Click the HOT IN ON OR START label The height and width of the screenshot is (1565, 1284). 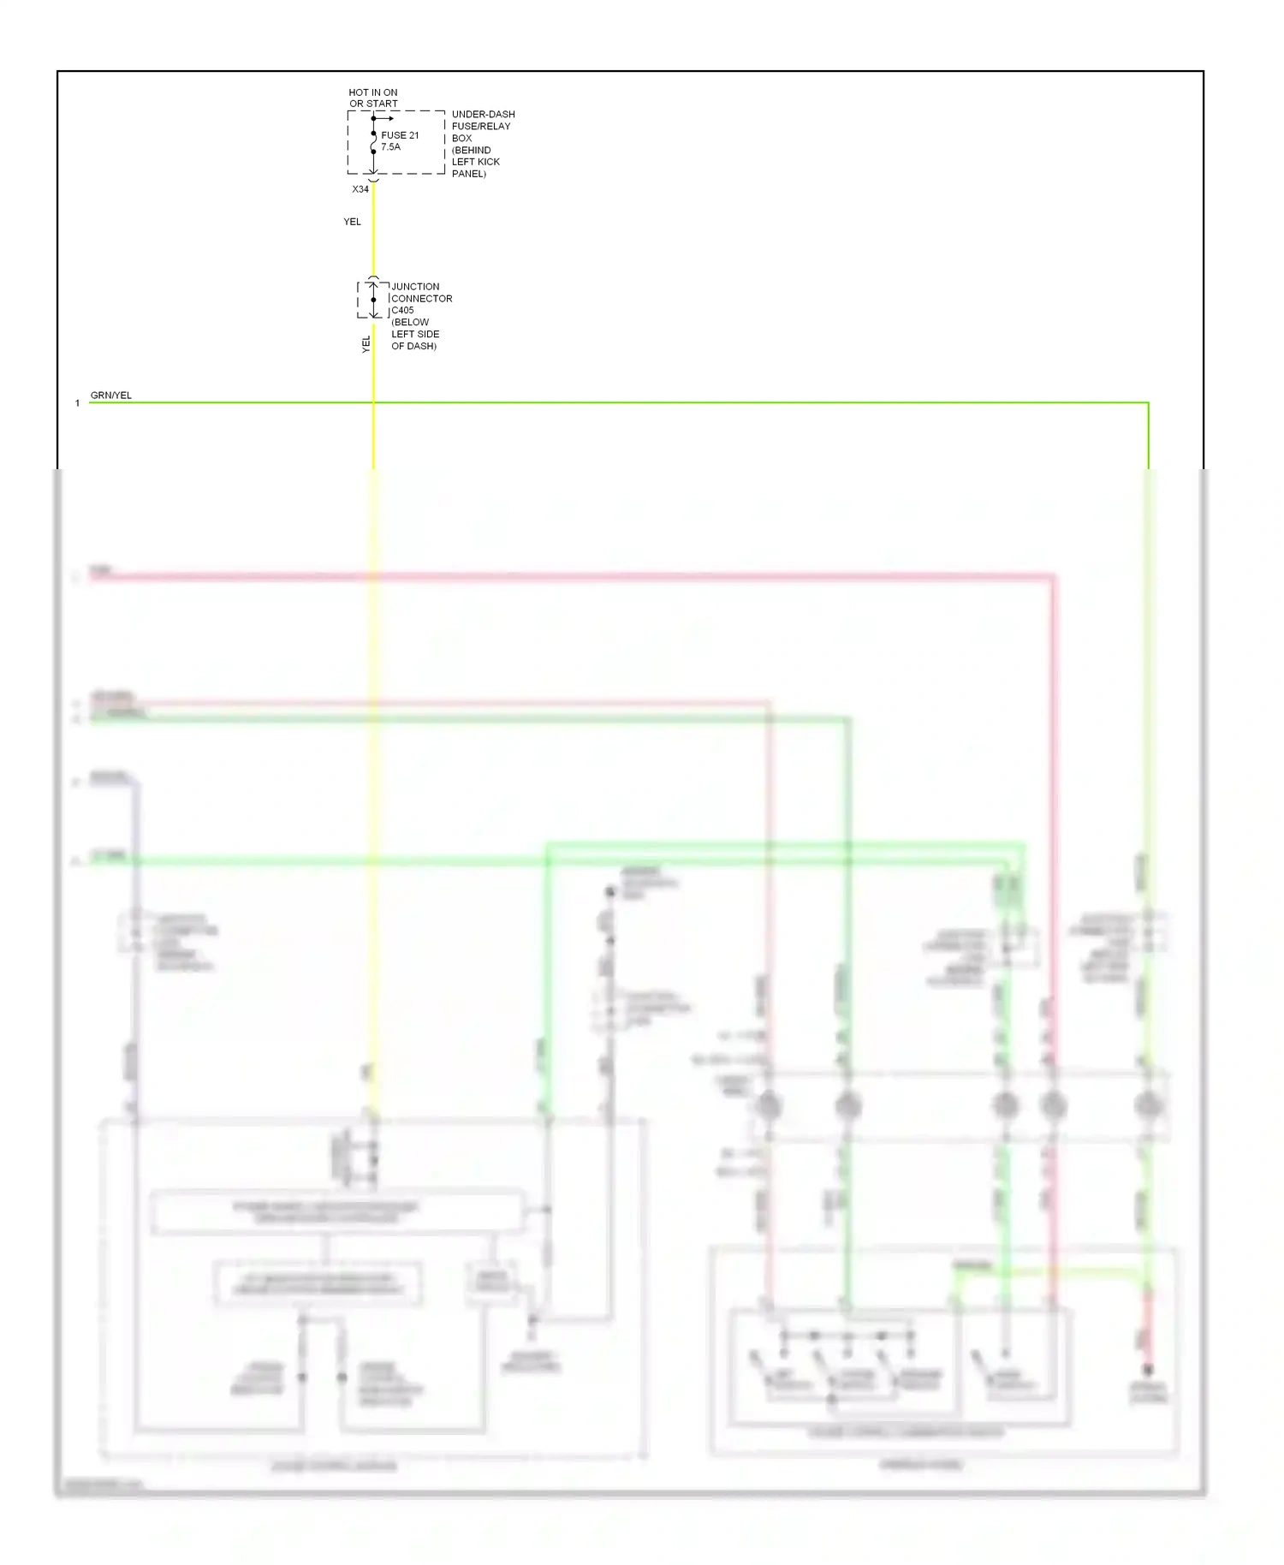373,98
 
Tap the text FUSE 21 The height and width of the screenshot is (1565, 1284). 400,135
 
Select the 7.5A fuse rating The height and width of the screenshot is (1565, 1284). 390,147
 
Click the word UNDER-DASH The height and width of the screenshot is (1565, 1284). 483,114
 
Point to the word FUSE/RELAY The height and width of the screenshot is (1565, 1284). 481,126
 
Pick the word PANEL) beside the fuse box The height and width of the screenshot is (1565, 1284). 469,174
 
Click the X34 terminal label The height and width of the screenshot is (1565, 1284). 360,189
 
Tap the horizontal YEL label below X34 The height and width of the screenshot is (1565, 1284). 352,222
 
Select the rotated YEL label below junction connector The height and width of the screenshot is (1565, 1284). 366,344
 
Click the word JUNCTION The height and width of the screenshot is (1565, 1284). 415,287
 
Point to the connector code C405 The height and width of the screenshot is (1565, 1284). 402,311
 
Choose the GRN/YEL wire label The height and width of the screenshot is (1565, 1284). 111,396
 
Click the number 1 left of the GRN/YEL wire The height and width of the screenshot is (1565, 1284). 77,403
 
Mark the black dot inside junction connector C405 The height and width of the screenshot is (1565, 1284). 373,300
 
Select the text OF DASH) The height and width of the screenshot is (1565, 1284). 413,346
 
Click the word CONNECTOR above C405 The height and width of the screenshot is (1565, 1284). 421,299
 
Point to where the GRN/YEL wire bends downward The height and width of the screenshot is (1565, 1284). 1148,402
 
